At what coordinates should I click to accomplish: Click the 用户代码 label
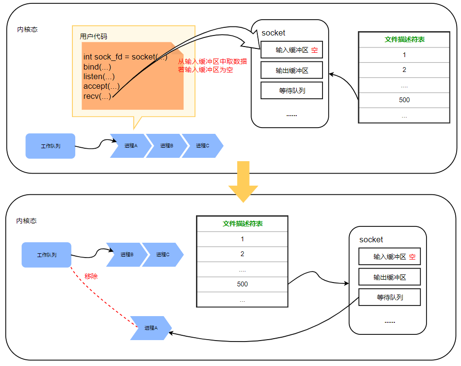click(x=93, y=36)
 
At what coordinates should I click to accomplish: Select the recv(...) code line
click(x=97, y=96)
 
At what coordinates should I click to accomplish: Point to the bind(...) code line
click(x=97, y=67)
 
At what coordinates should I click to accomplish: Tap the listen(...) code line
click(x=99, y=76)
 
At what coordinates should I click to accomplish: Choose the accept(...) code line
click(x=101, y=86)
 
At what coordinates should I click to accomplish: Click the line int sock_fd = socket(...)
click(x=125, y=57)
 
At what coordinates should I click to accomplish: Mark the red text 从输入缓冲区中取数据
click(x=212, y=61)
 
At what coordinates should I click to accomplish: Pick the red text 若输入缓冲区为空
click(x=206, y=70)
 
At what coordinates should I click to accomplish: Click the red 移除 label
click(x=91, y=276)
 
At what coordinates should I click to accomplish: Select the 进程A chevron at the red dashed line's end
click(x=150, y=328)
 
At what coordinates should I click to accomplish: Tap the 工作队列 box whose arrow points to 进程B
click(x=46, y=255)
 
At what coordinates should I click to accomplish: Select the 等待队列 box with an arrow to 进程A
click(x=389, y=297)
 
